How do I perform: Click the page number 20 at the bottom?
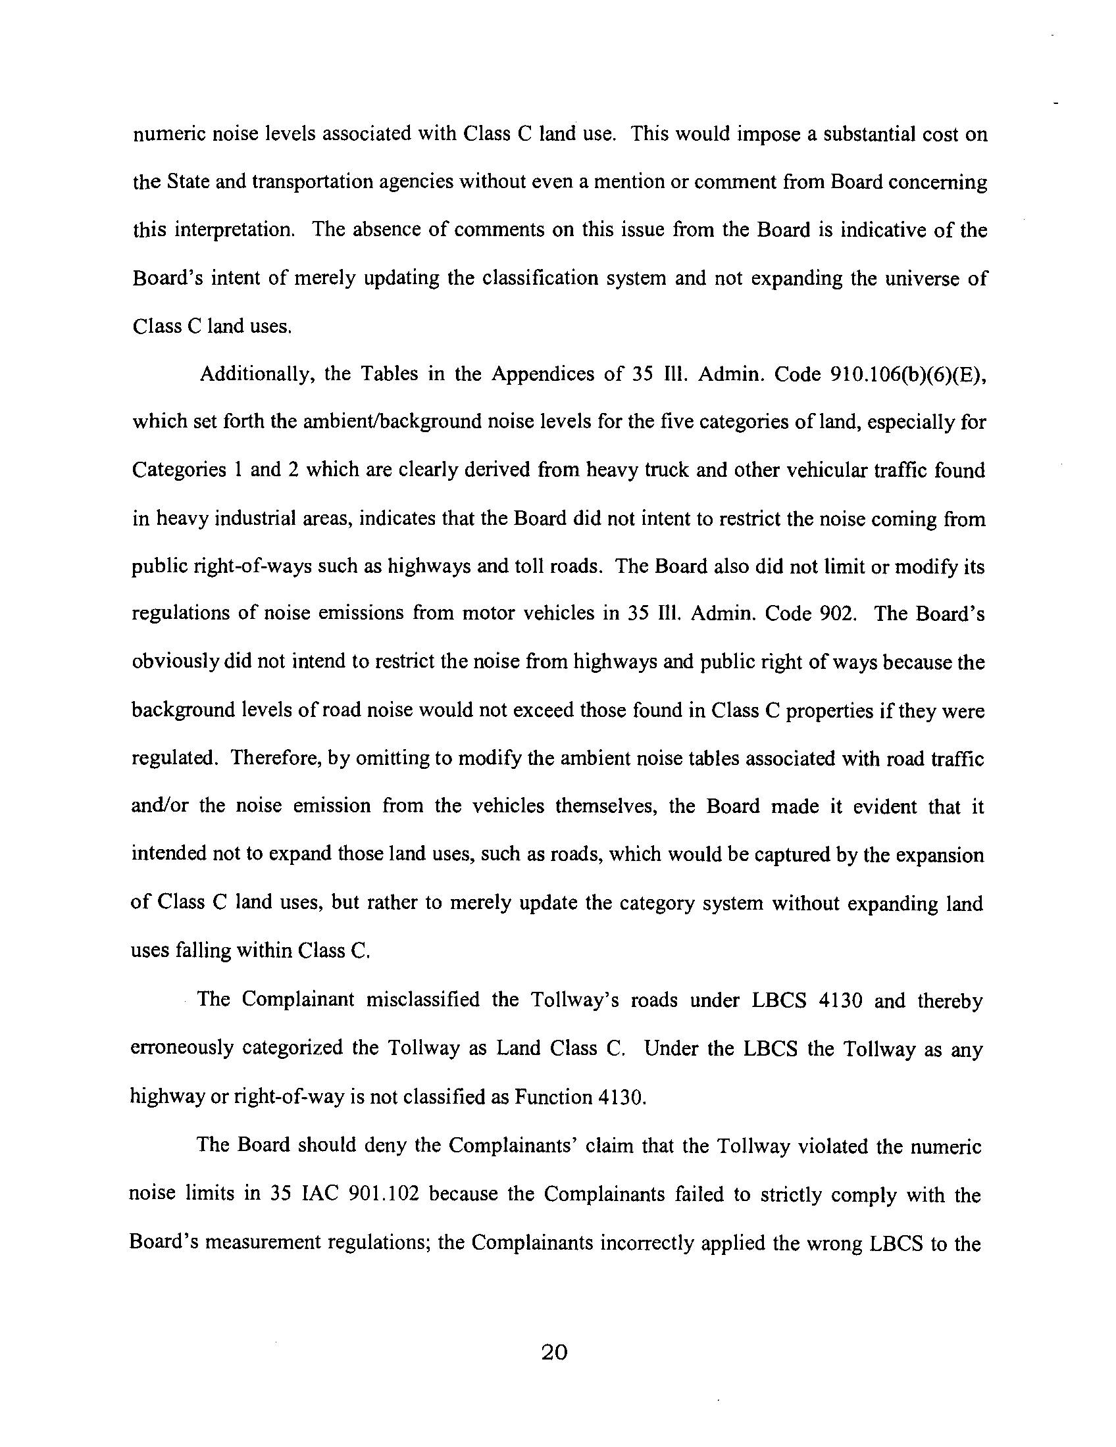[554, 1352]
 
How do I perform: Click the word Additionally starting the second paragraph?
[255, 374]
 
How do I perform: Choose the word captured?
[776, 854]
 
